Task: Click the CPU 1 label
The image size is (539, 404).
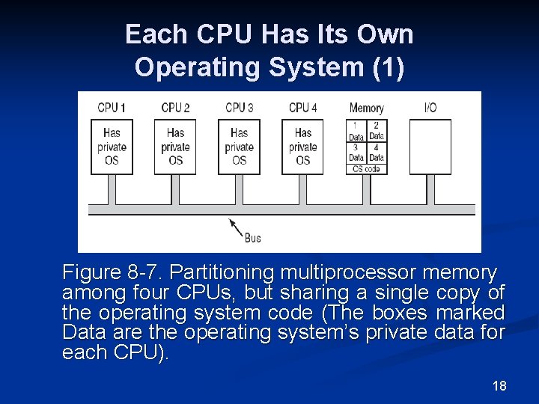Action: point(112,108)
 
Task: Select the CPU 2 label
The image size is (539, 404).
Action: point(175,108)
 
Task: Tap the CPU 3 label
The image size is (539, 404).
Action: point(239,108)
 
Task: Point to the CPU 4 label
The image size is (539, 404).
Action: point(302,108)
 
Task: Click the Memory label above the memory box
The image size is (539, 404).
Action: point(366,108)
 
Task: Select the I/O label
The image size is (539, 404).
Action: point(430,108)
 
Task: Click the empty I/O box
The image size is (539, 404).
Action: point(430,147)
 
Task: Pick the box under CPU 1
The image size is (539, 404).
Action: point(112,147)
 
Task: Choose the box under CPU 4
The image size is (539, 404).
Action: point(302,147)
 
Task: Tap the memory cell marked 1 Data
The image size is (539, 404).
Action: point(356,131)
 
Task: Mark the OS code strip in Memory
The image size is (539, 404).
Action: point(366,169)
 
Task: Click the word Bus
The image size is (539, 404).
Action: point(253,238)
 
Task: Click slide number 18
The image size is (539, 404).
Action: point(499,386)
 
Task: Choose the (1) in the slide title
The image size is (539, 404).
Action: point(388,67)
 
